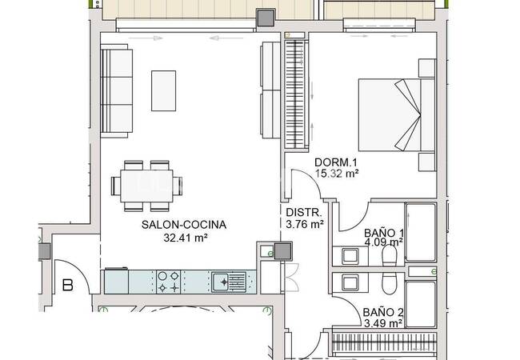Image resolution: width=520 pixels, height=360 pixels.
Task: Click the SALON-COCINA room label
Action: click(183, 225)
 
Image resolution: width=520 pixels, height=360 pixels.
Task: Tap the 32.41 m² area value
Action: click(183, 238)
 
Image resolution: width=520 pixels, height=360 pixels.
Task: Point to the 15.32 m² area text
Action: click(336, 172)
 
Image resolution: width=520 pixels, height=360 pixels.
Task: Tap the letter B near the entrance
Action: click(68, 284)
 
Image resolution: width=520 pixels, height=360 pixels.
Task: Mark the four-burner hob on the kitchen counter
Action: click(167, 281)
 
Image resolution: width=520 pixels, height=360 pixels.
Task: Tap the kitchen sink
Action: click(227, 281)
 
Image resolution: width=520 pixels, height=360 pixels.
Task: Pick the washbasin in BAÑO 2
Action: click(349, 283)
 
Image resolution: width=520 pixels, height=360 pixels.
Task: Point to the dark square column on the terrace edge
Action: click(263, 17)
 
